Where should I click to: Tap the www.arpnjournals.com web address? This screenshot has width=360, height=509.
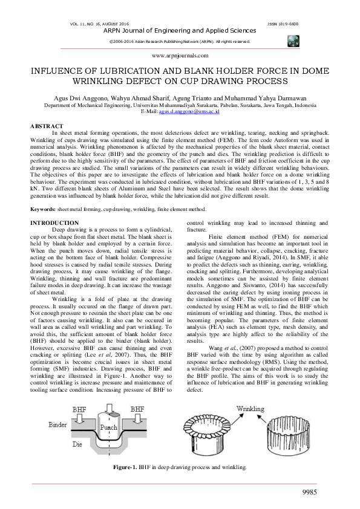(180, 54)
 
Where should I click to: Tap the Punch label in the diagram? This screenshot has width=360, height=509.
(109, 427)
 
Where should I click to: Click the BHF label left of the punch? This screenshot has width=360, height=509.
(80, 409)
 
